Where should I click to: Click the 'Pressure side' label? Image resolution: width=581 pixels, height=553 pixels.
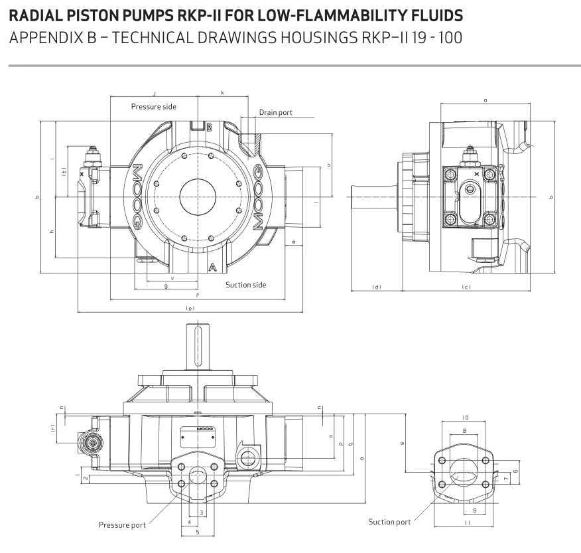[153, 106]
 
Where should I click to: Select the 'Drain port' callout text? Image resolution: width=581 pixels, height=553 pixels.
[275, 113]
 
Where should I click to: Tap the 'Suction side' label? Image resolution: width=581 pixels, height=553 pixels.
[245, 285]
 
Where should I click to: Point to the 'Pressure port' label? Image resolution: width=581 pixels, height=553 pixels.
[122, 525]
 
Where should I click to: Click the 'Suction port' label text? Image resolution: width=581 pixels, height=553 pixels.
[389, 522]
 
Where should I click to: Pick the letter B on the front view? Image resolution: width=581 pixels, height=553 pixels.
[209, 127]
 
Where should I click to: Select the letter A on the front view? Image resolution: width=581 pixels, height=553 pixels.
[212, 268]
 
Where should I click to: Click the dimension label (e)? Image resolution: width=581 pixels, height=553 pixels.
[190, 308]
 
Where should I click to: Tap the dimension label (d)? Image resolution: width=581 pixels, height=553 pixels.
[376, 287]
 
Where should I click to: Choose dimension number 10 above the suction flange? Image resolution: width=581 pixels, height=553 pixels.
[465, 418]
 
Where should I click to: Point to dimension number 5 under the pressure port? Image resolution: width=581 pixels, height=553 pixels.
[197, 532]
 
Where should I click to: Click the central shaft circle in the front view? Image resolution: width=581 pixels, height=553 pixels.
[198, 197]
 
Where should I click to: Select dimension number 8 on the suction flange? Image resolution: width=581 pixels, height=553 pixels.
[464, 431]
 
